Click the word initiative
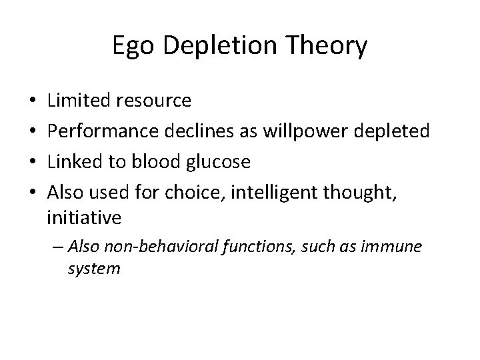pos(84,217)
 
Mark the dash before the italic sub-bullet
pos(57,247)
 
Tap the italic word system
pos(94,269)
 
